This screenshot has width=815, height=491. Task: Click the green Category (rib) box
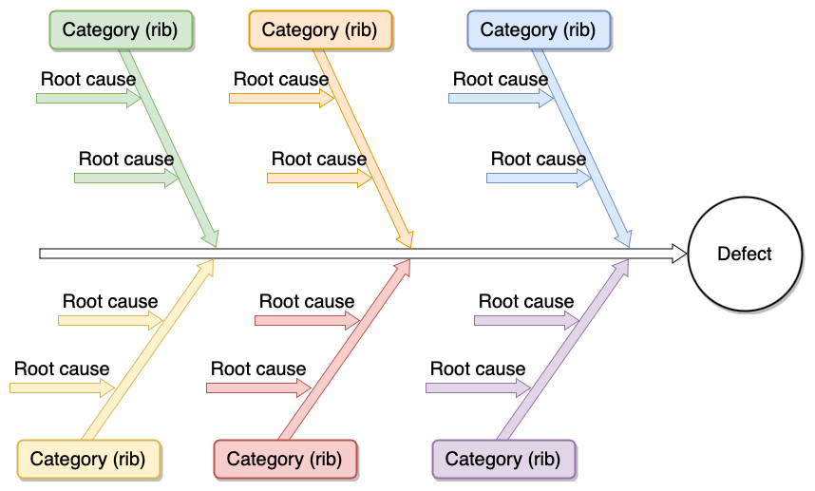[121, 29]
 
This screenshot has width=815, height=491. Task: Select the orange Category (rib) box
[319, 29]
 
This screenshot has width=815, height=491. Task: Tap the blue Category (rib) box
[538, 29]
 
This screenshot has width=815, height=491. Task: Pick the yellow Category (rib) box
[88, 459]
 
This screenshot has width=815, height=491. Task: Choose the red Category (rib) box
[285, 459]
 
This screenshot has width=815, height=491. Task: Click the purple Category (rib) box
[503, 459]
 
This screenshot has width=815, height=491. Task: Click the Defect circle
[745, 254]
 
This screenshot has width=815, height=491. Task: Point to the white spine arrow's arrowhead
[679, 254]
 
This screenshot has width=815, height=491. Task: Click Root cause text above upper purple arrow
[526, 301]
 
